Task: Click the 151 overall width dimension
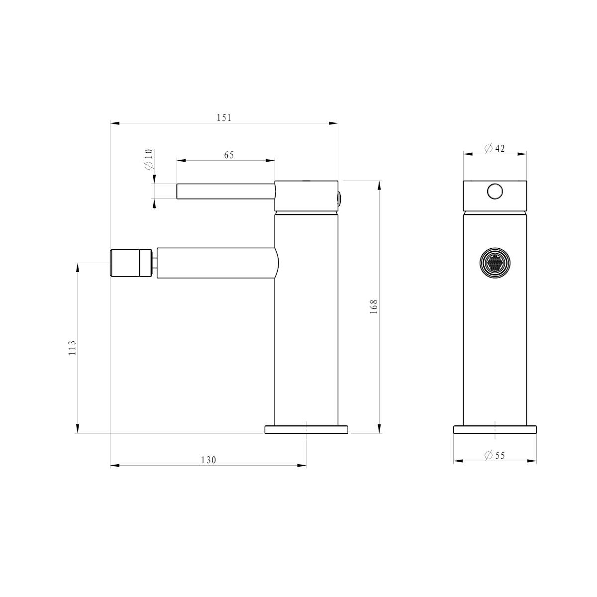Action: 224,118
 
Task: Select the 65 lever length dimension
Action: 229,155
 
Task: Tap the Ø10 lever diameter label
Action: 149,160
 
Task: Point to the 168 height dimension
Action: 374,305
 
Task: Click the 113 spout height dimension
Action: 73,347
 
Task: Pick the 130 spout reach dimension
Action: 208,460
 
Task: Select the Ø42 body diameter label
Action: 495,148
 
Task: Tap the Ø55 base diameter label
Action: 495,455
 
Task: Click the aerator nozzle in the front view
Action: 495,262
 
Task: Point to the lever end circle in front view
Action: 495,192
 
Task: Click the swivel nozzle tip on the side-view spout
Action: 129,262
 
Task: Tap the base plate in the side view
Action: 306,429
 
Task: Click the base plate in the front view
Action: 495,429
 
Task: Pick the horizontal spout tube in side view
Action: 216,262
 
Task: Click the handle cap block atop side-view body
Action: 306,196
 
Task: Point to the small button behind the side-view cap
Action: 339,198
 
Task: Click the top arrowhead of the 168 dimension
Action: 380,185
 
